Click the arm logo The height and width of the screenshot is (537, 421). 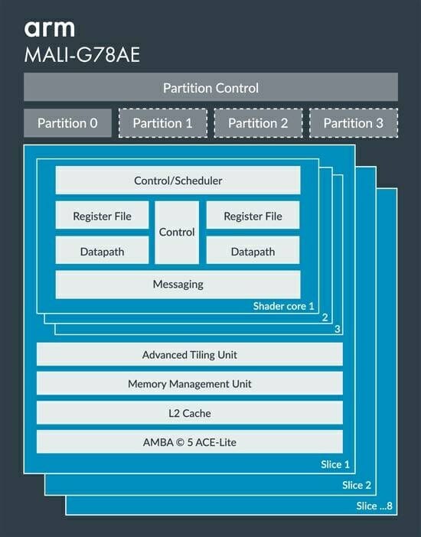[x=49, y=29]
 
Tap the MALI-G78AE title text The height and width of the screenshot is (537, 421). [x=82, y=55]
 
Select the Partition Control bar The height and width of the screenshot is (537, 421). [x=210, y=87]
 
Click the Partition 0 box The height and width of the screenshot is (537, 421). [x=67, y=123]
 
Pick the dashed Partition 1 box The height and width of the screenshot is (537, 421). [x=163, y=123]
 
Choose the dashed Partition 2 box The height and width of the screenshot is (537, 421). [x=258, y=123]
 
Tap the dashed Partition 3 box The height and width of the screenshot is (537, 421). [x=354, y=123]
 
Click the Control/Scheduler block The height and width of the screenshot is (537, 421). [x=178, y=180]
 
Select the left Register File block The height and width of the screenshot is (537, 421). [x=102, y=215]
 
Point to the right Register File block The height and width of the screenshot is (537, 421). [x=253, y=215]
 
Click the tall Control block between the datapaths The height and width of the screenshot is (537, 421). [x=177, y=233]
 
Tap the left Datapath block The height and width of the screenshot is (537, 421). [x=102, y=250]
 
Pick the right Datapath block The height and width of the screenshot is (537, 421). [x=253, y=250]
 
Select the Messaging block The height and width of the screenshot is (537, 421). [x=178, y=285]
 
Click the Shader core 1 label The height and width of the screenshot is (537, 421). [x=283, y=306]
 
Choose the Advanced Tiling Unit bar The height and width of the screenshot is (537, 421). [x=190, y=354]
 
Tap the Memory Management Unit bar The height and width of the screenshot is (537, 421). [x=190, y=383]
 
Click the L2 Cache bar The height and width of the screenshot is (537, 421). [x=190, y=412]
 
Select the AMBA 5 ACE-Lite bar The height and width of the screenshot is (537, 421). [x=190, y=442]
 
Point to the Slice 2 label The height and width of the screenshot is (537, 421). [x=357, y=485]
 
